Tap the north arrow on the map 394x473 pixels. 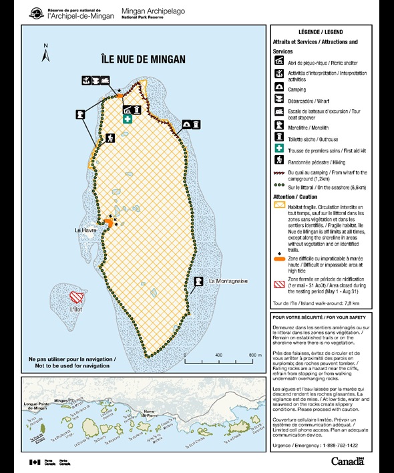[x=45, y=53]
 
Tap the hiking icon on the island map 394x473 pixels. [x=110, y=138]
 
